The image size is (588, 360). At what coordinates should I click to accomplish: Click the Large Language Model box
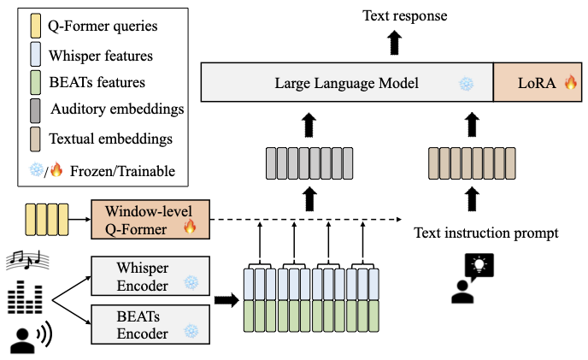(346, 84)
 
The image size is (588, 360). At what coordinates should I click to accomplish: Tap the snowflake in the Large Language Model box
(466, 84)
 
